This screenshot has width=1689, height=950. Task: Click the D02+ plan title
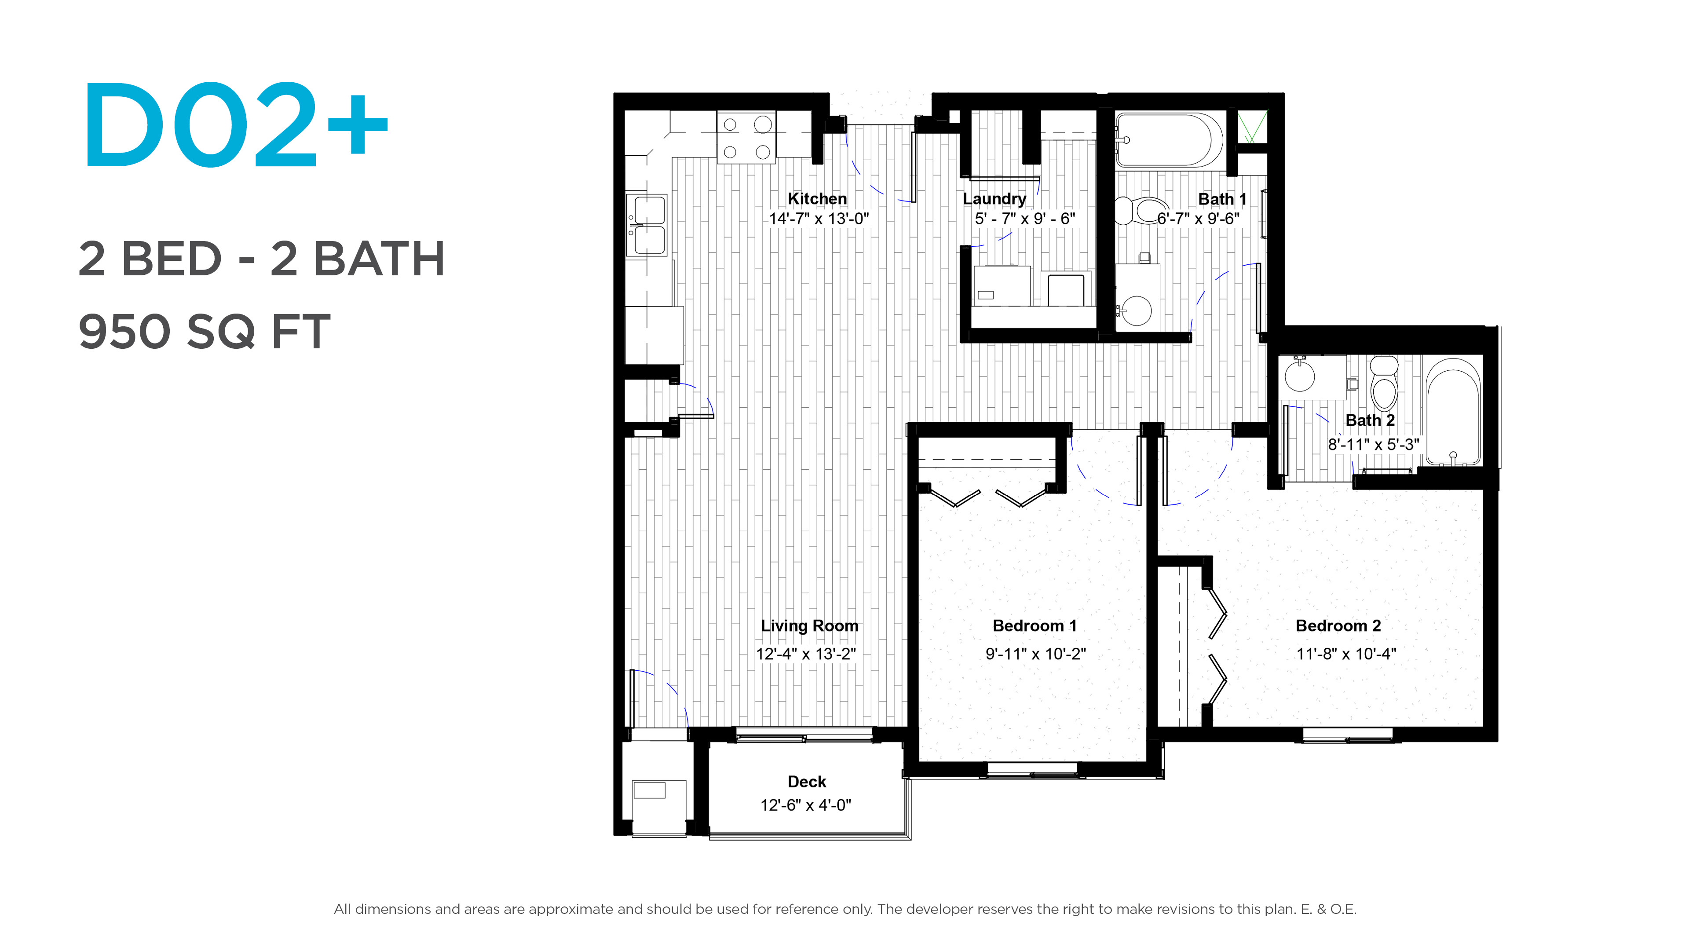pyautogui.click(x=236, y=124)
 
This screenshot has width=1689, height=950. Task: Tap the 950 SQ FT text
pyautogui.click(x=205, y=331)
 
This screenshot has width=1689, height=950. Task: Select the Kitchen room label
pyautogui.click(x=817, y=199)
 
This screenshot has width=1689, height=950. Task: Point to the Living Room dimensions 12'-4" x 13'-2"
pyautogui.click(x=806, y=654)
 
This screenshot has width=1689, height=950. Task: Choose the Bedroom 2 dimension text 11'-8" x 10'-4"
pyautogui.click(x=1346, y=654)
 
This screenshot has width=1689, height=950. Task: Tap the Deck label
pyautogui.click(x=807, y=782)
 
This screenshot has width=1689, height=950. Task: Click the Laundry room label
pyautogui.click(x=994, y=199)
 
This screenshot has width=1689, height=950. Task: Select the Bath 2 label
pyautogui.click(x=1370, y=420)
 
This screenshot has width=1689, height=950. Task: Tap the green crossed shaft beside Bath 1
pyautogui.click(x=1252, y=127)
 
